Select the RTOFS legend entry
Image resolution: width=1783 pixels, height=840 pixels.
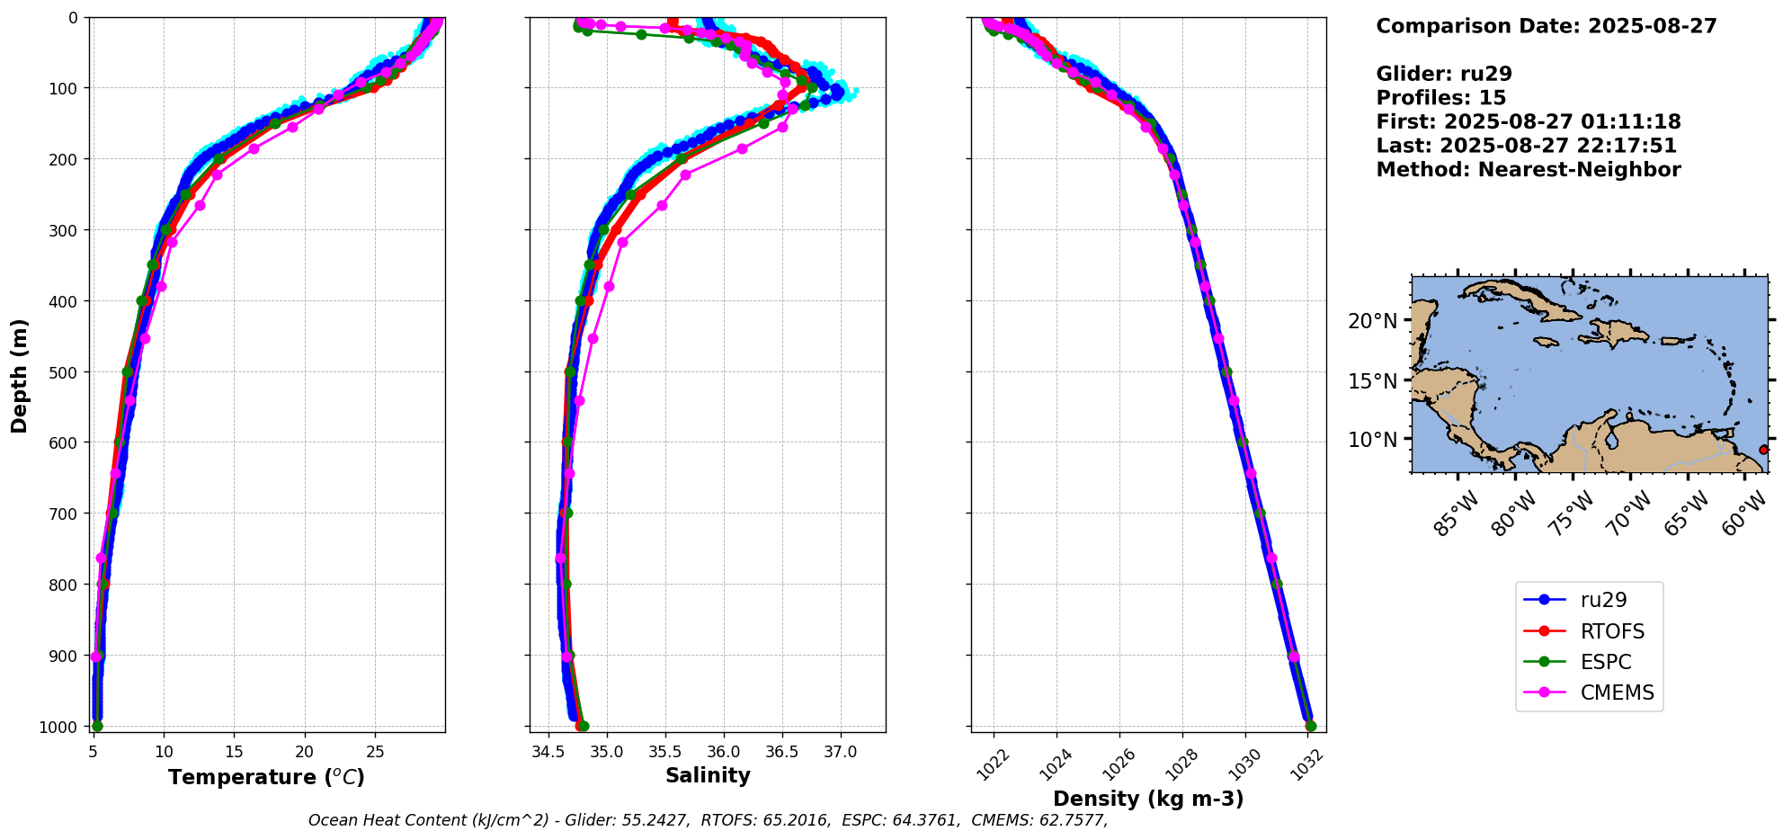(1611, 631)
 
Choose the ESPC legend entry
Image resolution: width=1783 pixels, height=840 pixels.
(1605, 662)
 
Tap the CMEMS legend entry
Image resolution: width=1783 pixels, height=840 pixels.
(1616, 693)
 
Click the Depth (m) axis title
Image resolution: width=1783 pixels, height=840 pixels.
(20, 375)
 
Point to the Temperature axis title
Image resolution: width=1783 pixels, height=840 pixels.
(266, 777)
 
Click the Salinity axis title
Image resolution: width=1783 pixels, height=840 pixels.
(708, 775)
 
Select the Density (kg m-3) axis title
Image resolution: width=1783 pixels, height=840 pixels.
(1148, 799)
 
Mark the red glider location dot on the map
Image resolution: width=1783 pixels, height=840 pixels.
(1763, 450)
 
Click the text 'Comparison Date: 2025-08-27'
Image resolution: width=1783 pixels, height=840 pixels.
(1547, 26)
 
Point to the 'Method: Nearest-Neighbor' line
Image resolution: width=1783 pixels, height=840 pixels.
(1529, 170)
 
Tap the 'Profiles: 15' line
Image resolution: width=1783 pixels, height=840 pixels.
(1440, 98)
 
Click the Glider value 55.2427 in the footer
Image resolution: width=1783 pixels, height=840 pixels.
(655, 820)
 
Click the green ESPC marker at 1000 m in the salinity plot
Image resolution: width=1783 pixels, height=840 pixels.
(584, 726)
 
